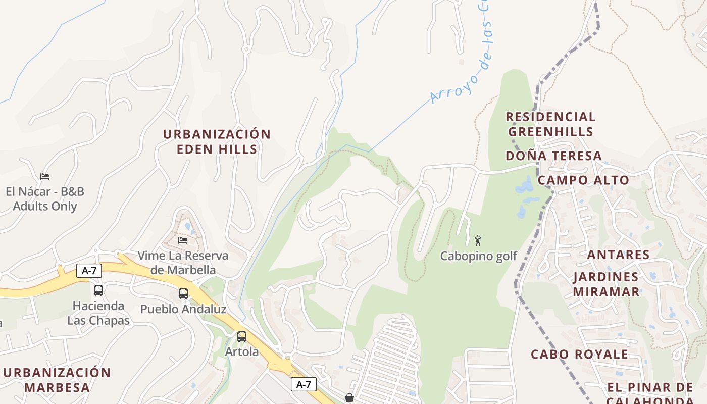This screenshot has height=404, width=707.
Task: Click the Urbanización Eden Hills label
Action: [x=217, y=141]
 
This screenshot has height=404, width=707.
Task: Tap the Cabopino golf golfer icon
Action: [x=478, y=241]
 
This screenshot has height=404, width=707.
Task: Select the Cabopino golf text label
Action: [x=478, y=256]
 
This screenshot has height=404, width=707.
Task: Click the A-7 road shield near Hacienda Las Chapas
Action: [x=89, y=271]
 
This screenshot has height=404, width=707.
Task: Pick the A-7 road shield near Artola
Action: [x=303, y=384]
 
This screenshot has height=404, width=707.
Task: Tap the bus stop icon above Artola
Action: [x=242, y=336]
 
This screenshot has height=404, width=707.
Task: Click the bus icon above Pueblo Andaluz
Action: [x=183, y=293]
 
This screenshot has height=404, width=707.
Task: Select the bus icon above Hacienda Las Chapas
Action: [x=98, y=290]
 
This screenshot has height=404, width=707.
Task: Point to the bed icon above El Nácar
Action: [x=45, y=176]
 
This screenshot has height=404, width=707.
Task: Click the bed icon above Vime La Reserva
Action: [x=183, y=240]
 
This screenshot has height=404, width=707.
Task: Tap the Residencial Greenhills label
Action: [x=550, y=124]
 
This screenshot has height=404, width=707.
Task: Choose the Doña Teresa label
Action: [x=553, y=156]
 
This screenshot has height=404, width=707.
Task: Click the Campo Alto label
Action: [x=583, y=180]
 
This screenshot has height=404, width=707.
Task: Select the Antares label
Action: [x=618, y=254]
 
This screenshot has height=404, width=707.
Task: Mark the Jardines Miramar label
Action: [x=606, y=284]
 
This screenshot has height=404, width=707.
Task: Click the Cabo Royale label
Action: [x=579, y=354]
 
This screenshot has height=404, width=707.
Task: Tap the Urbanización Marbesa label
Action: [x=57, y=380]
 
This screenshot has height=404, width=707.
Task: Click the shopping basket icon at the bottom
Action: [x=349, y=398]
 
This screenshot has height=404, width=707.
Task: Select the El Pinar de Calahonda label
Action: [x=650, y=393]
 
